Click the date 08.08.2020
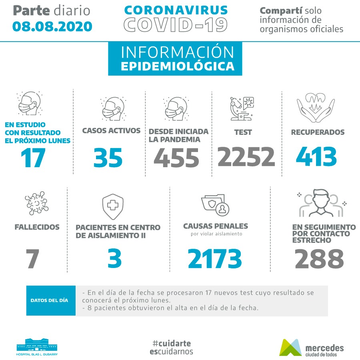[52, 26]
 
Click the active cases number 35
[108, 158]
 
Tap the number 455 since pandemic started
[176, 158]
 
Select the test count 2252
[246, 156]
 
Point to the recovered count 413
[316, 156]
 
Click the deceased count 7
[33, 259]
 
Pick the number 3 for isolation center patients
[114, 259]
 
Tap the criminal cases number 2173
[215, 259]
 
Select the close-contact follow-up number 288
[319, 259]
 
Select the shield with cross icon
[113, 206]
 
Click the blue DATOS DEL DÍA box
[51, 300]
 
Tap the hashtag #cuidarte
[172, 343]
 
